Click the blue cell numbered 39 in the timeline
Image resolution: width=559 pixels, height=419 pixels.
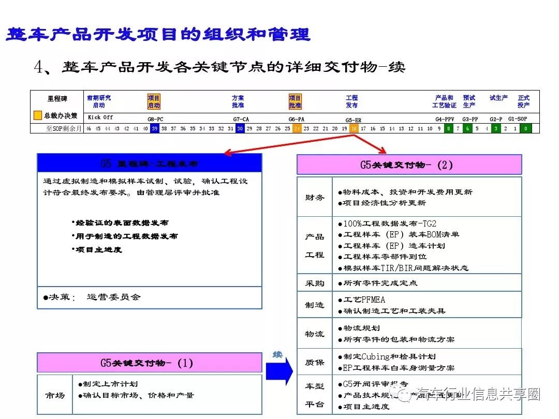154,129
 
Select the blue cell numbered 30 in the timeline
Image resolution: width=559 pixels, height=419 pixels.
240,129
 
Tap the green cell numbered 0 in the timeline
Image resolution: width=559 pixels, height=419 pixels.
526,129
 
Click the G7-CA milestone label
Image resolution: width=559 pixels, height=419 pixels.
241,119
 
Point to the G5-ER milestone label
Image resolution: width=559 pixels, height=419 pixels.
354,119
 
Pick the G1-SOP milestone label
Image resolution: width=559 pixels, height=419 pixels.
518,118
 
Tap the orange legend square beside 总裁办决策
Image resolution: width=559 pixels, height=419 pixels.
38,116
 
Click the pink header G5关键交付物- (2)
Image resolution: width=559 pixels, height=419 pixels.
409,165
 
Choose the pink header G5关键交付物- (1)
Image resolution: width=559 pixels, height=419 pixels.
150,363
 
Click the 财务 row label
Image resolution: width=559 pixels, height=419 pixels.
315,197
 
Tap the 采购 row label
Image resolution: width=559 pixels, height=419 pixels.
315,283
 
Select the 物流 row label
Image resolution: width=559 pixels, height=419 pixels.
315,334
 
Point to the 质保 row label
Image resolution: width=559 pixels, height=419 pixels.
315,363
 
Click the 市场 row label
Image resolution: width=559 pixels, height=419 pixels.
55,395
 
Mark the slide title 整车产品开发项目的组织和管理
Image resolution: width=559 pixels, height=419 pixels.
158,35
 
